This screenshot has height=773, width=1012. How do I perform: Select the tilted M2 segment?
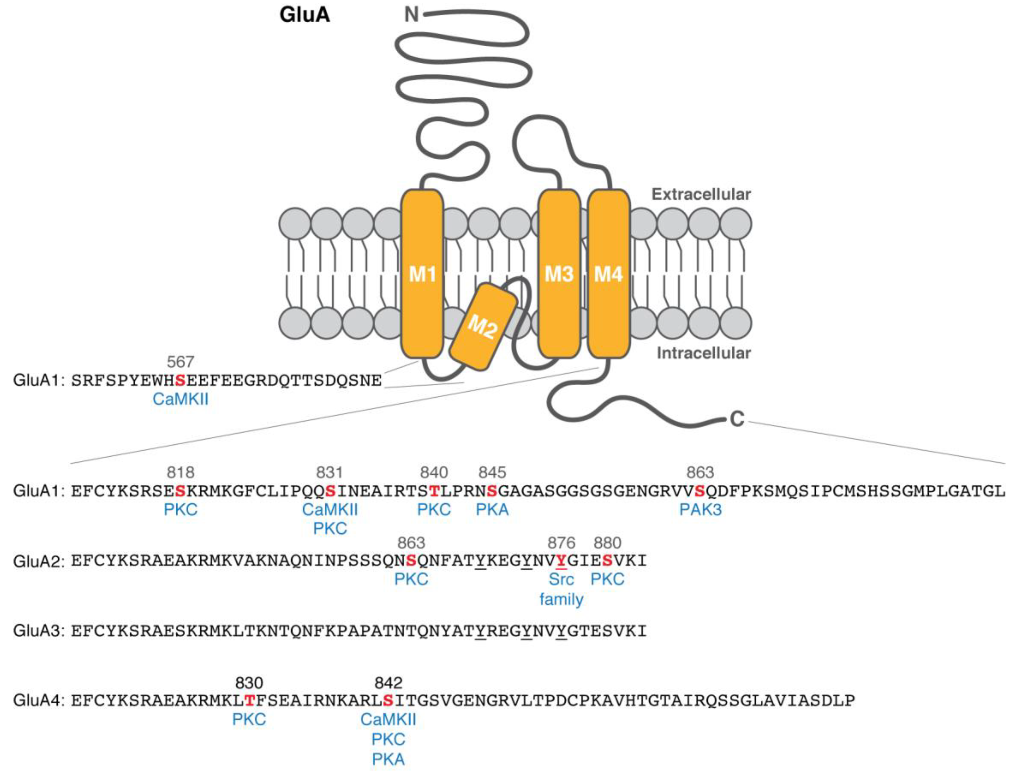[x=483, y=327]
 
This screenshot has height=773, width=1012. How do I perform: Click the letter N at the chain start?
[x=411, y=15]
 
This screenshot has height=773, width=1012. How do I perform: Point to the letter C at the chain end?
[x=737, y=419]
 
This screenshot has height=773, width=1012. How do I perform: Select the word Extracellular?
[x=701, y=194]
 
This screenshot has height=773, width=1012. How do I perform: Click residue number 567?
[x=180, y=362]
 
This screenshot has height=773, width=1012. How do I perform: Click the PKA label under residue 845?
[x=492, y=510]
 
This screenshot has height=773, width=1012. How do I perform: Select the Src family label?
[x=561, y=589]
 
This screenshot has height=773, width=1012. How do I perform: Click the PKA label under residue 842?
[x=388, y=760]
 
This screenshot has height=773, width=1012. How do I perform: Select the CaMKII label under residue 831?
[x=330, y=510]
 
